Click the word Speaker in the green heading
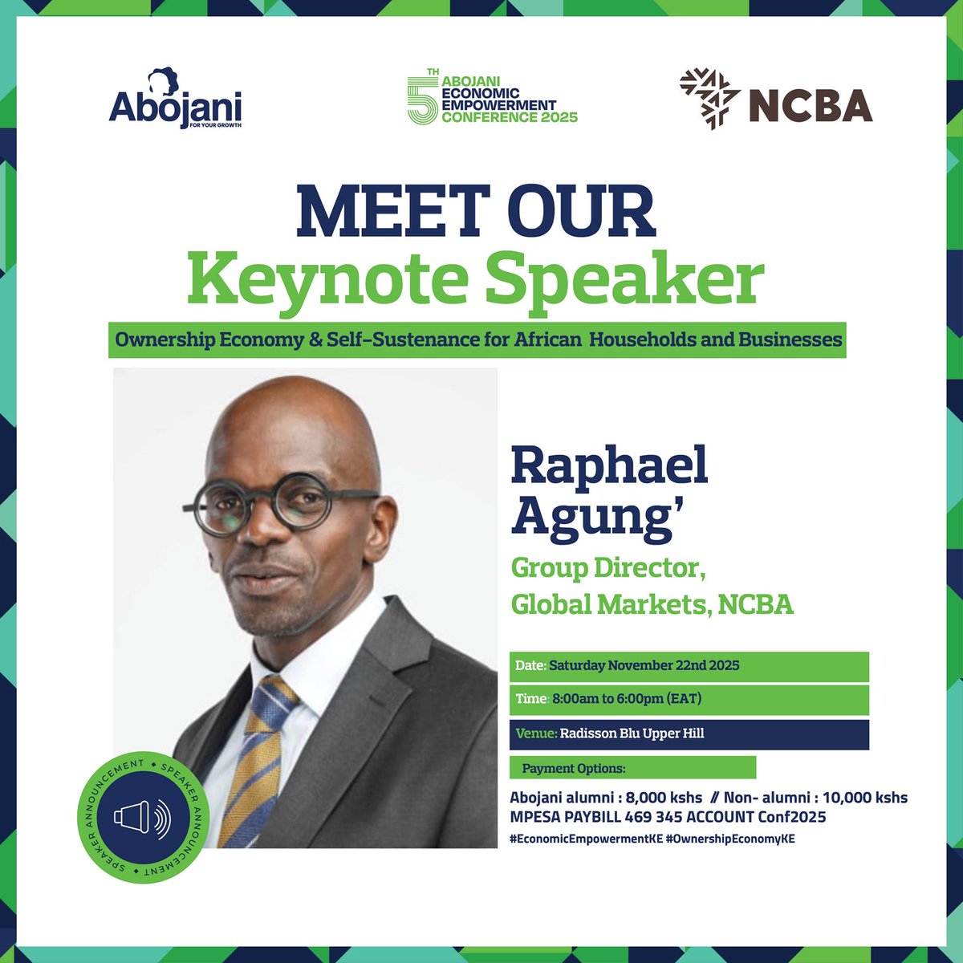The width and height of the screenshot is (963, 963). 624,279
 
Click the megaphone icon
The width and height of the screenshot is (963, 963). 142,817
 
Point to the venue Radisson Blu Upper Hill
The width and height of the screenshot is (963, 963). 632,733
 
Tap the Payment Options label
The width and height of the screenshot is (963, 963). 573,768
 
